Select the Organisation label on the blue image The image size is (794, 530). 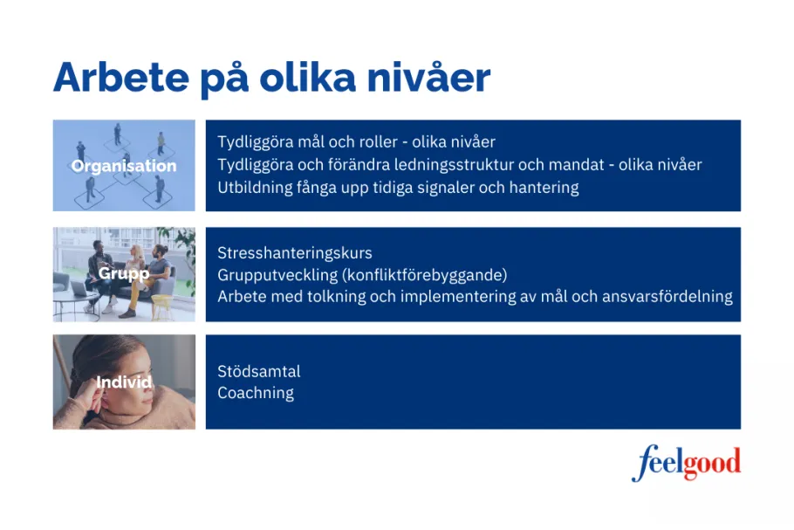(124, 166)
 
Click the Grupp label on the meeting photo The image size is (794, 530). (124, 273)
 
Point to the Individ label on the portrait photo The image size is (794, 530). (124, 382)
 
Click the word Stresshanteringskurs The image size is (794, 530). (295, 253)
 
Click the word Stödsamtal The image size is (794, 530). (258, 371)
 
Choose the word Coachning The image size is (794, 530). (256, 393)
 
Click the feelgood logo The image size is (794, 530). (686, 463)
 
